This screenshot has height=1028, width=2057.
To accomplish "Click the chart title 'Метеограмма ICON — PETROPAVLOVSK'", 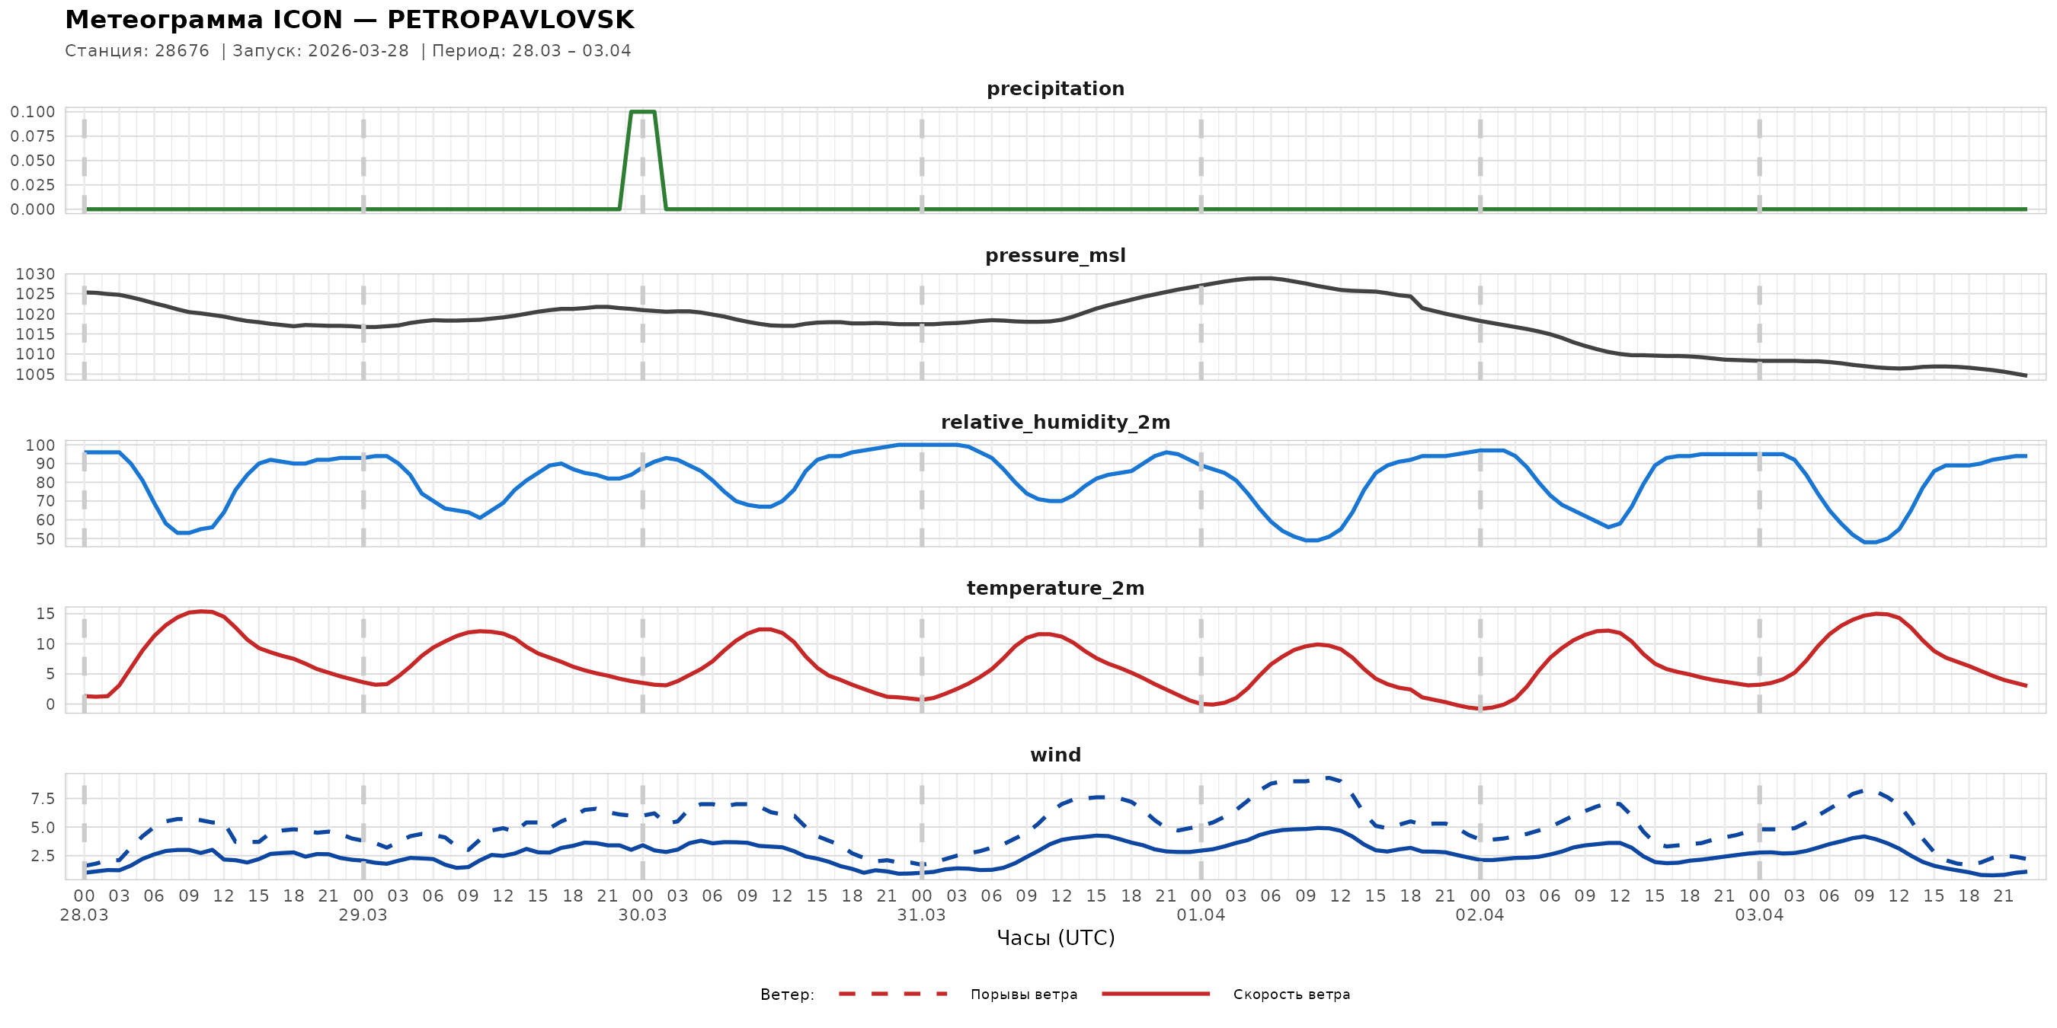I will [349, 20].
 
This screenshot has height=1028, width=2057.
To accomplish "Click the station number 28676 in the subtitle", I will [182, 51].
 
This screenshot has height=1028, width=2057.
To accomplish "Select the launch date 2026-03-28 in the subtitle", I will [358, 51].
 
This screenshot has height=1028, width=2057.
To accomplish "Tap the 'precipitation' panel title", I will [1055, 88].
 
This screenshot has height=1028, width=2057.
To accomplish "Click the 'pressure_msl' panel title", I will [1055, 255].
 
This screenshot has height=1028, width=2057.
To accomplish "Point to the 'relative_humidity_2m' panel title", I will [1055, 422].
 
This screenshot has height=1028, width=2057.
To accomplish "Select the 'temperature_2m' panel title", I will [1055, 588].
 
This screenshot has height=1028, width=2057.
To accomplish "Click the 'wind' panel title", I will [1055, 755].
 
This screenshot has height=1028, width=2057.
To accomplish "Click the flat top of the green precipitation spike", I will [643, 112].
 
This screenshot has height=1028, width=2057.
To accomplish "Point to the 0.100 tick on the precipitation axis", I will [33, 112].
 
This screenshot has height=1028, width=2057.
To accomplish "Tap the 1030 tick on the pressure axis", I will [36, 274].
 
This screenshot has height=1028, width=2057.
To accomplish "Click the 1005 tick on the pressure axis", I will [36, 375].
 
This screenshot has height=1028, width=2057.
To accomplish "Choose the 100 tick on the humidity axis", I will [40, 445].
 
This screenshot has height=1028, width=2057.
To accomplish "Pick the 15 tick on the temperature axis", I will [46, 614].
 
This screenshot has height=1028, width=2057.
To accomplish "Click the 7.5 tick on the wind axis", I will [43, 799].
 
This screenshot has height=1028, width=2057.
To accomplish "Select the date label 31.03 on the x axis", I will [921, 915].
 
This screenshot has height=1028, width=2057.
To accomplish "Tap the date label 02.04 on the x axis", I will [1479, 915].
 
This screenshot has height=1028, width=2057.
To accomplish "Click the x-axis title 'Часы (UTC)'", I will [1055, 939].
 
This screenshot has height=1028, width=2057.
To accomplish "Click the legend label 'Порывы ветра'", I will [1024, 994].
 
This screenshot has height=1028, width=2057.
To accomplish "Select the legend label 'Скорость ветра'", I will [1291, 994].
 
